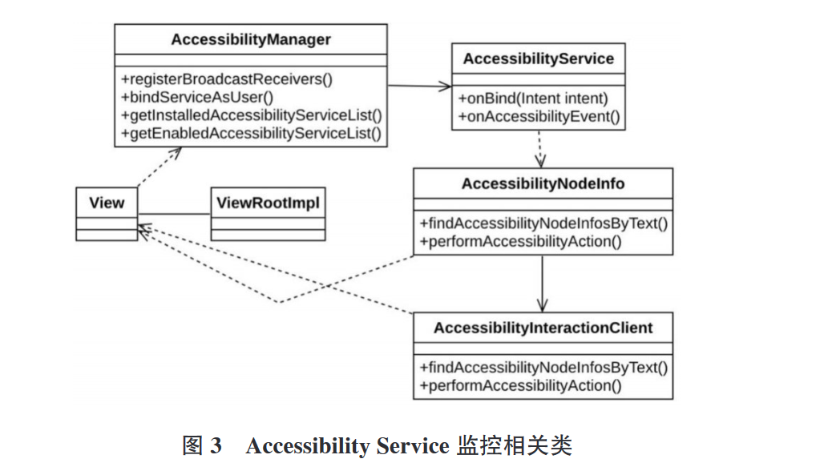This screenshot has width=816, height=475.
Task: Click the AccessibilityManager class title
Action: tap(250, 39)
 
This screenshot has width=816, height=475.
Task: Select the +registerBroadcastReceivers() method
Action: tap(227, 79)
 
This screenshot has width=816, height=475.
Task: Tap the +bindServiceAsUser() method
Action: tap(197, 97)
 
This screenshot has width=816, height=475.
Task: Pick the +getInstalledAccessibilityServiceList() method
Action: tap(251, 115)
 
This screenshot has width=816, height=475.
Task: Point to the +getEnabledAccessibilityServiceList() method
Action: tap(250, 133)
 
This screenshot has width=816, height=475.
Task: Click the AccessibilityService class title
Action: tap(538, 58)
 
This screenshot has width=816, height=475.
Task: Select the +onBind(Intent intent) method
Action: tap(533, 99)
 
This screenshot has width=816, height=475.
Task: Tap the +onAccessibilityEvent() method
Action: tap(539, 117)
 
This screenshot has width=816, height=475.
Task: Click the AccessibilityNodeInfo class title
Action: tap(543, 183)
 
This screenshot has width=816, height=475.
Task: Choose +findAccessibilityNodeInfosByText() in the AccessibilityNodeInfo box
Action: tap(543, 223)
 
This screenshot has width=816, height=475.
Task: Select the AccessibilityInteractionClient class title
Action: tap(543, 328)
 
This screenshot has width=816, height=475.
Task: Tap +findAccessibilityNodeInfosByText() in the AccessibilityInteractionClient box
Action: tap(543, 368)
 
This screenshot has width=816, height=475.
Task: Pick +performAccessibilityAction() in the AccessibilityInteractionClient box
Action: tap(520, 385)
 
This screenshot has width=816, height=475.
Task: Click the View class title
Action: tap(107, 203)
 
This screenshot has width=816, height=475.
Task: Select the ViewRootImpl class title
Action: tap(268, 203)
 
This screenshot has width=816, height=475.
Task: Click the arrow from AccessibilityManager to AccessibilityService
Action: tap(420, 86)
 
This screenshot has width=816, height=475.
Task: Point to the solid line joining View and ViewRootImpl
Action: tap(173, 214)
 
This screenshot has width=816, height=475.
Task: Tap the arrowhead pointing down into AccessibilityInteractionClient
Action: tap(543, 305)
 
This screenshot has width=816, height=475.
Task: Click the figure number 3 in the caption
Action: tap(216, 446)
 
